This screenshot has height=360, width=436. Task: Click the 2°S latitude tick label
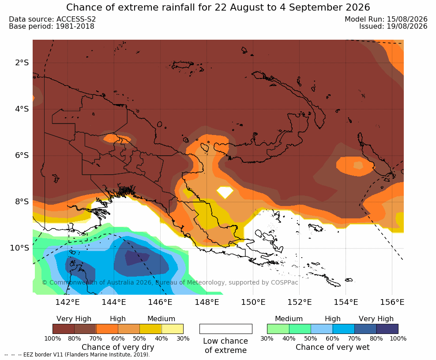pyautogui.click(x=22, y=63)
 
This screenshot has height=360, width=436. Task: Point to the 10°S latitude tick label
pyautogui.click(x=19, y=248)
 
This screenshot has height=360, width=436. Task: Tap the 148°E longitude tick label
pyautogui.click(x=207, y=302)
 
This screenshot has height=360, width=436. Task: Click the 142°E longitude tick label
pyautogui.click(x=68, y=302)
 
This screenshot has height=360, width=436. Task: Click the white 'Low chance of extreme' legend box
pyautogui.click(x=226, y=329)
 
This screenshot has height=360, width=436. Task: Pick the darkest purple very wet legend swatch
pyautogui.click(x=387, y=329)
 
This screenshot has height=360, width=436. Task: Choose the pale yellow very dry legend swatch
pyautogui.click(x=173, y=329)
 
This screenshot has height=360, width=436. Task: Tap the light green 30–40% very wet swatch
pyautogui.click(x=278, y=329)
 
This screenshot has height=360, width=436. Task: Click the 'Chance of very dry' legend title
pyautogui.click(x=118, y=347)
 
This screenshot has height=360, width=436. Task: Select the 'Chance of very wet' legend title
pyautogui.click(x=333, y=347)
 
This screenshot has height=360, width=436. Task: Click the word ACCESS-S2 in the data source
pyautogui.click(x=76, y=19)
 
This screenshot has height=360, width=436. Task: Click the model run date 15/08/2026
pyautogui.click(x=407, y=19)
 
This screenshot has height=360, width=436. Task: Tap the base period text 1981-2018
pyautogui.click(x=75, y=26)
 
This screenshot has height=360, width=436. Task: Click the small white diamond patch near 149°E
pyautogui.click(x=225, y=192)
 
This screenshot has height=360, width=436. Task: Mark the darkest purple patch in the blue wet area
pyautogui.click(x=137, y=258)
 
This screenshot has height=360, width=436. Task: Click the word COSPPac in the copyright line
pyautogui.click(x=284, y=282)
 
